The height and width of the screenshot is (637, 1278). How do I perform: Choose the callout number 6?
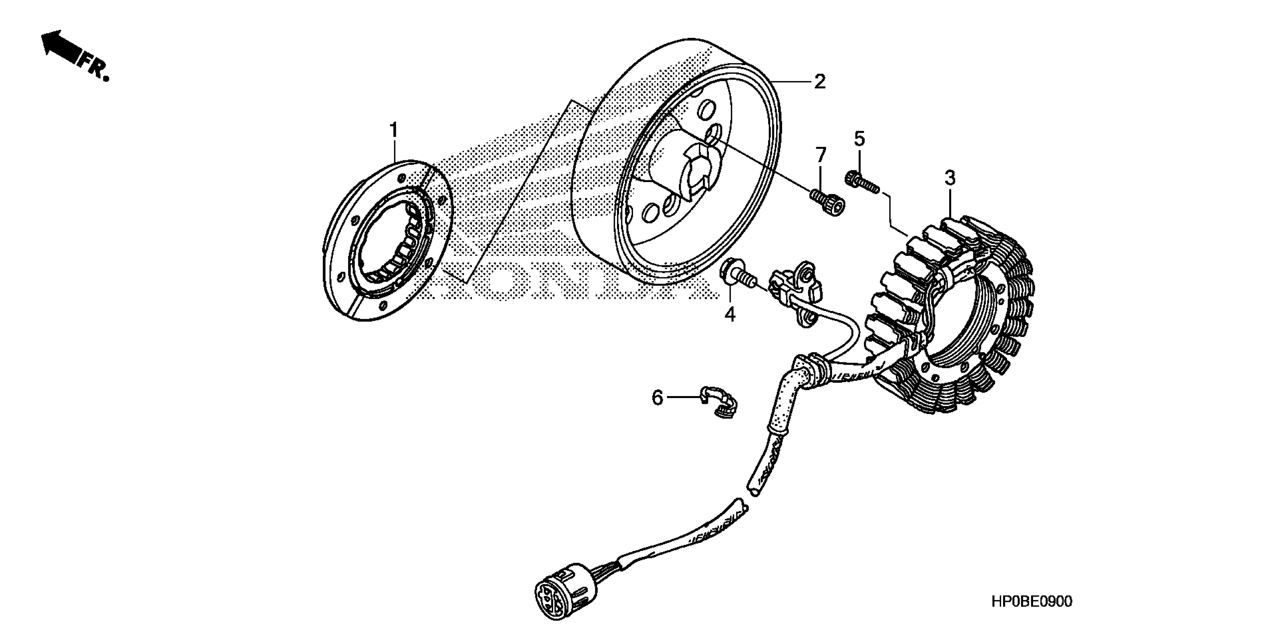pyautogui.click(x=657, y=397)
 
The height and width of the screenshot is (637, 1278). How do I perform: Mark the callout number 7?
pyautogui.click(x=821, y=155)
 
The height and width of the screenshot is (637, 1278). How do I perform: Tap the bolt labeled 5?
pyautogui.click(x=861, y=182)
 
